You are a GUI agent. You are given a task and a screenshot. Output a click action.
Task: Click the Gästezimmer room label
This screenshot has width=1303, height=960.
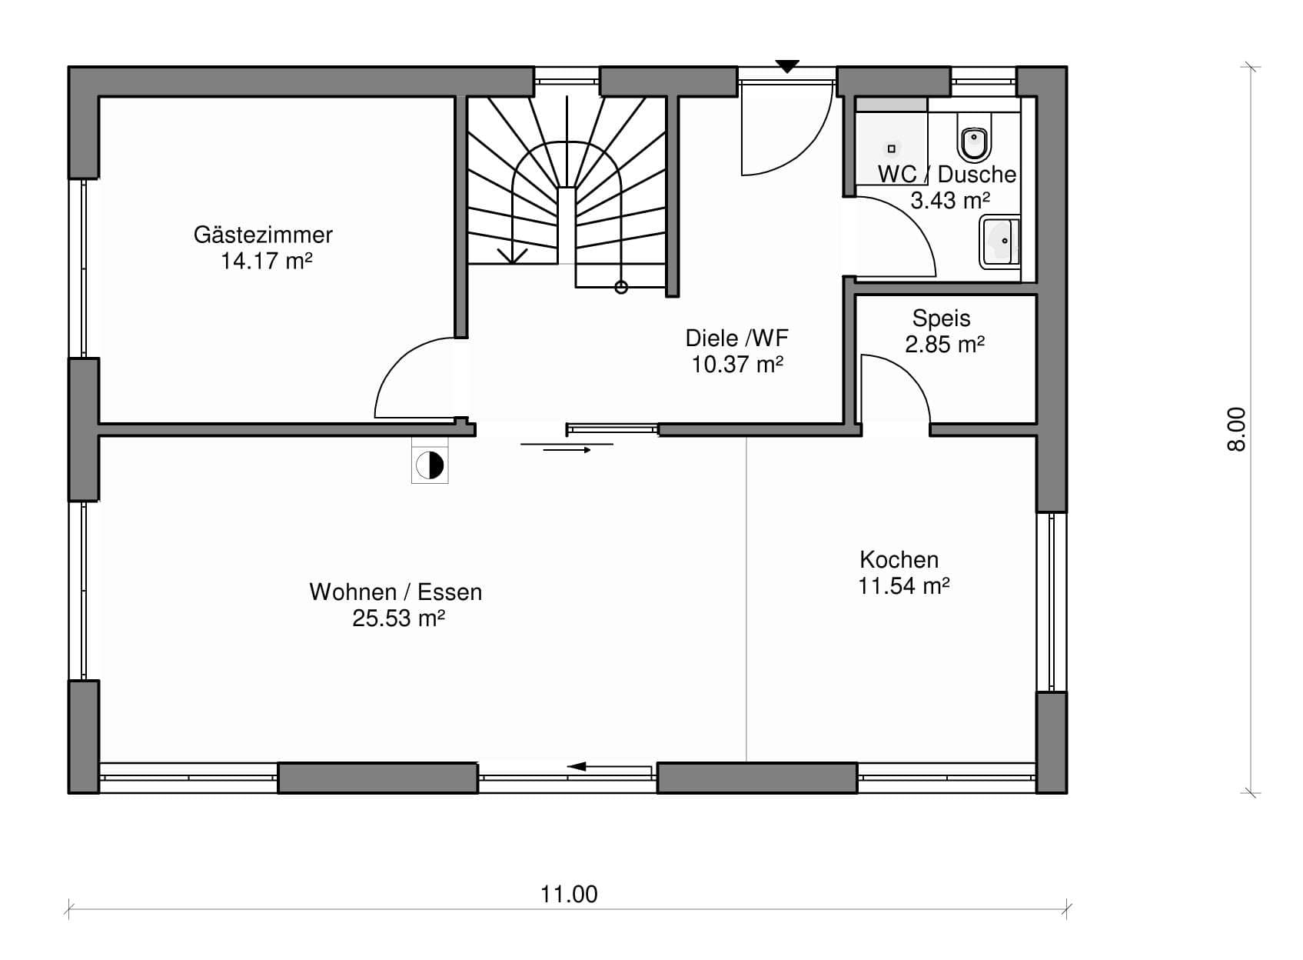tap(263, 235)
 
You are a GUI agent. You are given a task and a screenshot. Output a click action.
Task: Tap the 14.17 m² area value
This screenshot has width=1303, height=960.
tap(267, 261)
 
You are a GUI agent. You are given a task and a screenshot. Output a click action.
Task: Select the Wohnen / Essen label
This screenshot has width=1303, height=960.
tap(396, 592)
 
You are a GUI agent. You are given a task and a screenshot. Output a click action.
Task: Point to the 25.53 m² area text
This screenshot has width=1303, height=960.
tap(398, 618)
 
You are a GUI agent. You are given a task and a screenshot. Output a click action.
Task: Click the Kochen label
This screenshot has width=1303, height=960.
tap(899, 560)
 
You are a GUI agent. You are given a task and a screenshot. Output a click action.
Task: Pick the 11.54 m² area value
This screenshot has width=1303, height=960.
tap(904, 585)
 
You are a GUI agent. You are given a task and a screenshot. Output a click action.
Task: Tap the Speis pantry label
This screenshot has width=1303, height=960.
tap(941, 318)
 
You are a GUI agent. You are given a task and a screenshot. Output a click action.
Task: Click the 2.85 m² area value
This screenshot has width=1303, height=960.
tap(945, 345)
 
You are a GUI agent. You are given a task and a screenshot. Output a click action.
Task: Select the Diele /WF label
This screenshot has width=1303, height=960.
tap(736, 338)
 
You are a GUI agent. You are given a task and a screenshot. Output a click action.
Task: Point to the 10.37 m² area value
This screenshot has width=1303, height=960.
tap(737, 365)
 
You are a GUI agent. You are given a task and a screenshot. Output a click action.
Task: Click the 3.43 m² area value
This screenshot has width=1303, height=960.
tap(950, 201)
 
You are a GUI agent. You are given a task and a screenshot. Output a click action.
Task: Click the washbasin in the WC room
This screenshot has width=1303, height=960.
tap(1000, 242)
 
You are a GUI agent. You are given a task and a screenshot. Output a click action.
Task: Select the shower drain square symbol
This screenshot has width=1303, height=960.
tap(891, 149)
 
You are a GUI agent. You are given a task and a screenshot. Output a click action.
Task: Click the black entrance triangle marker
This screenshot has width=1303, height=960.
tap(787, 67)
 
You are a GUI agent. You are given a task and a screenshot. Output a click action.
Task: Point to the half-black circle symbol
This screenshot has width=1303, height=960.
tap(430, 465)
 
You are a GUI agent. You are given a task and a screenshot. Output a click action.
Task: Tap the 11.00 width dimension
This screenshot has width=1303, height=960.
tap(569, 894)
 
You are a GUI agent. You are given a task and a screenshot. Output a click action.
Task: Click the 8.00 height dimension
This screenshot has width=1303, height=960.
tap(1236, 429)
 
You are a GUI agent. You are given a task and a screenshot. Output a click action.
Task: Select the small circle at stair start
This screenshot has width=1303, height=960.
tap(621, 288)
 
